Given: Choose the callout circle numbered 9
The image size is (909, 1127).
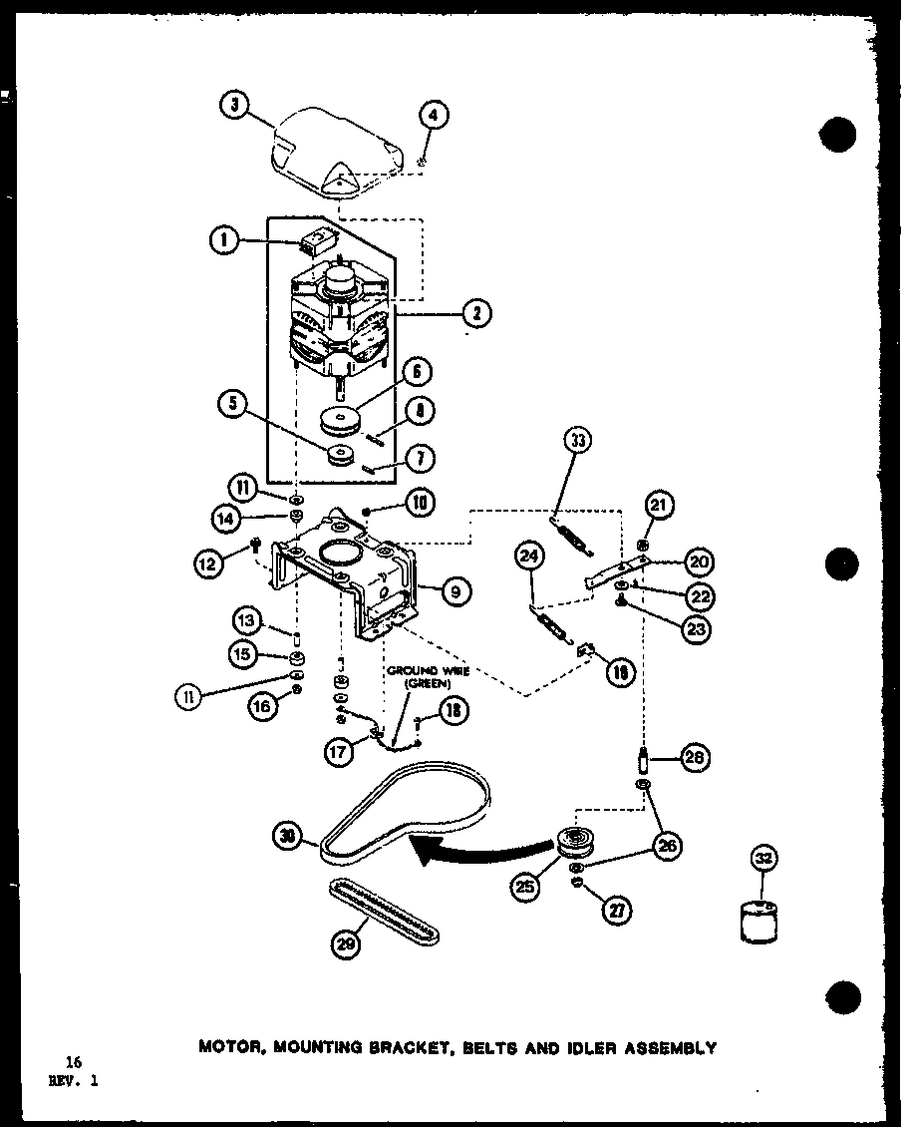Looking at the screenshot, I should (454, 592).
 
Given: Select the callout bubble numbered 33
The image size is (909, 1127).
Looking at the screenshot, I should (577, 440).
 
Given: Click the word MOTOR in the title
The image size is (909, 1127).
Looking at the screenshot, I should (231, 1048).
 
